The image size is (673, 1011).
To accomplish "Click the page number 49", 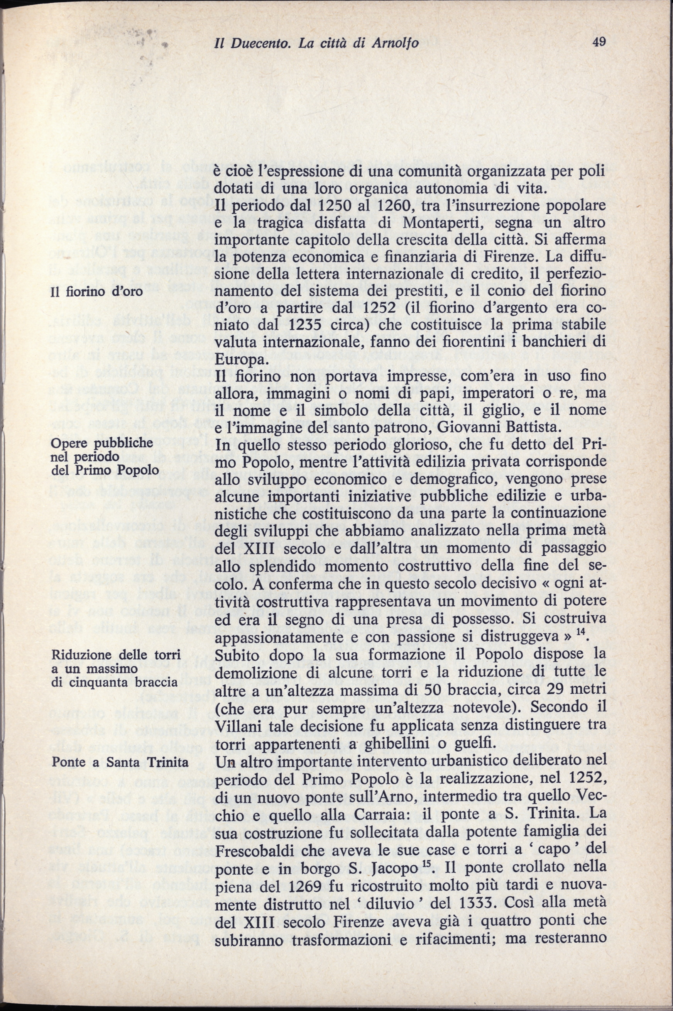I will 598,42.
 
